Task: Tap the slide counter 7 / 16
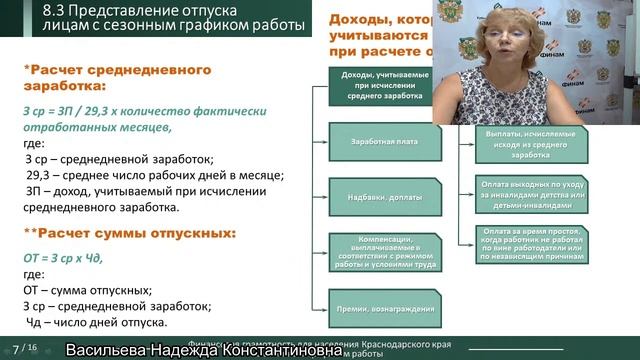coord(22,350)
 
